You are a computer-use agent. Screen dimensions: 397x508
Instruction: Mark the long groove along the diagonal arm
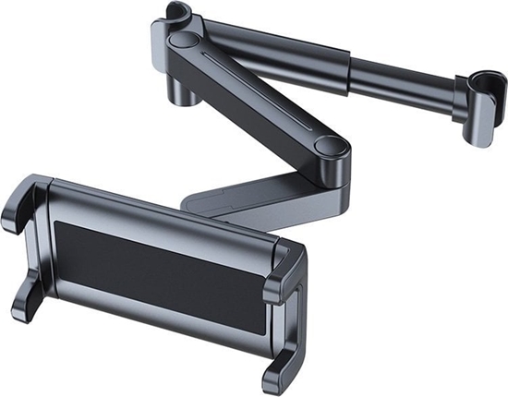(259, 96)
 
